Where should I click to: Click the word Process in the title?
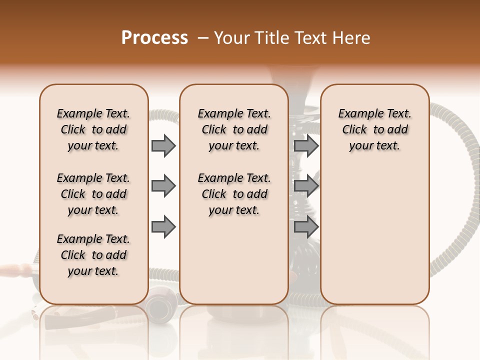click(x=154, y=38)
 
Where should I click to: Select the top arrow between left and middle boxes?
click(x=163, y=145)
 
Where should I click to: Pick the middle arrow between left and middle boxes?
click(x=163, y=186)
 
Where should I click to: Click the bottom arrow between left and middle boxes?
click(x=163, y=227)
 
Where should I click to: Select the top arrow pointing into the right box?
click(x=306, y=145)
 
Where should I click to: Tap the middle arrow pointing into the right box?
click(x=306, y=186)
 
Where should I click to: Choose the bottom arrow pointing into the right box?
click(x=306, y=227)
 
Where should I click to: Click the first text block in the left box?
click(x=93, y=129)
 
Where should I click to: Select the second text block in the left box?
click(x=93, y=194)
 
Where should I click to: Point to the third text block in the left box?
click(x=93, y=255)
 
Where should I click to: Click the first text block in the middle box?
click(x=234, y=129)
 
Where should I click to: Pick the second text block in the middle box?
click(x=234, y=194)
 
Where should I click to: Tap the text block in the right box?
click(x=374, y=129)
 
